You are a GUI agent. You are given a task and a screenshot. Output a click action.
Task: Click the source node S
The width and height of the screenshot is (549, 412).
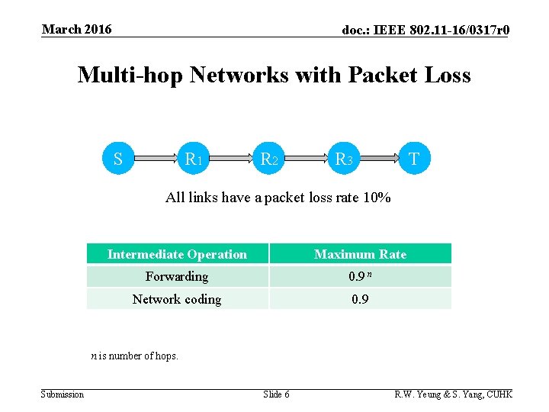click(118, 159)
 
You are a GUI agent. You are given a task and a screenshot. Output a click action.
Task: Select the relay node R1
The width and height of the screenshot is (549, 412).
click(193, 159)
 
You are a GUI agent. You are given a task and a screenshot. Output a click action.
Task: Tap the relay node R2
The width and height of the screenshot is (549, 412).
click(268, 159)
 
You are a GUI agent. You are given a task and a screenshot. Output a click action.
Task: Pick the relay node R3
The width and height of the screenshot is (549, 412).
click(343, 159)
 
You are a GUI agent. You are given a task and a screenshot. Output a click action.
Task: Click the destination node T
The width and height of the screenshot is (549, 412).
click(414, 159)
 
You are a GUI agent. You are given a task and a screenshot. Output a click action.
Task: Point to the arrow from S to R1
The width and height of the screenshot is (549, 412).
click(156, 159)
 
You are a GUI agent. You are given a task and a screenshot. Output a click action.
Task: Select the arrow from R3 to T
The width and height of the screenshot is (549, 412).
click(379, 159)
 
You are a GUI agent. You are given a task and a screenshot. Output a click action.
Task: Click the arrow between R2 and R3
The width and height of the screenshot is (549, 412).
click(305, 159)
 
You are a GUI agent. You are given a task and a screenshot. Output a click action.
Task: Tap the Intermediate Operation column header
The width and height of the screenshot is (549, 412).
click(177, 254)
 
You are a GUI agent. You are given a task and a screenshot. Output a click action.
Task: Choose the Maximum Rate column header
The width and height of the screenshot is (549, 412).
click(360, 254)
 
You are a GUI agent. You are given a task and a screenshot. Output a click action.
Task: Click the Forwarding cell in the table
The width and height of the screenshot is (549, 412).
click(177, 276)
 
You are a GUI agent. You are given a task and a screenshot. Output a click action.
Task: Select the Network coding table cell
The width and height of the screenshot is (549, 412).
click(177, 299)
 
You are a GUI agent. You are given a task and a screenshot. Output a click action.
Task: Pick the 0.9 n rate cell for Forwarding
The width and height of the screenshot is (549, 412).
click(360, 276)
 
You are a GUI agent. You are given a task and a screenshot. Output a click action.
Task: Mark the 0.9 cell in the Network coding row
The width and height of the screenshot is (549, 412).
click(360, 299)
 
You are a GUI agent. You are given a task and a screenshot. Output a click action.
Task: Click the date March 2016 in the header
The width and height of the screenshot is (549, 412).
click(76, 30)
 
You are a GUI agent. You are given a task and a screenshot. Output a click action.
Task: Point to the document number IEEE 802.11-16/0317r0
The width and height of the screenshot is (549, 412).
click(425, 31)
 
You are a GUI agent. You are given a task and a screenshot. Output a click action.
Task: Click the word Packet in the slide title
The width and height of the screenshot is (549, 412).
click(384, 76)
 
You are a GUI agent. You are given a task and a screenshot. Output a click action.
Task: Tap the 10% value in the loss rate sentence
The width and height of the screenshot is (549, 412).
click(377, 198)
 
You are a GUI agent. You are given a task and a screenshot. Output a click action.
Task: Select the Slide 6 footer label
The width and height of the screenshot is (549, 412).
click(276, 394)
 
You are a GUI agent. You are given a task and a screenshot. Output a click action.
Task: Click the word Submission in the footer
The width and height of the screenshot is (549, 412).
click(63, 394)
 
